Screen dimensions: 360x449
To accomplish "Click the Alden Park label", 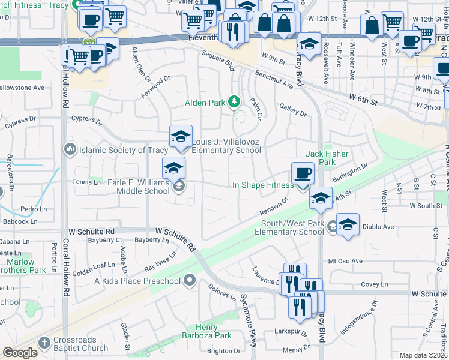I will click(205, 103).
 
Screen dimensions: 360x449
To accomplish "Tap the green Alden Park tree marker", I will click(234, 102).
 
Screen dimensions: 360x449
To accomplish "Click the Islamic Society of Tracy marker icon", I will click(69, 149).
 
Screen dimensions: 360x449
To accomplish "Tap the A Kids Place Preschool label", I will click(137, 281).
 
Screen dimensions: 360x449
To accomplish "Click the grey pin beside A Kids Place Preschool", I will click(190, 280).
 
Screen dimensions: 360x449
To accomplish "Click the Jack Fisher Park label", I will click(327, 158).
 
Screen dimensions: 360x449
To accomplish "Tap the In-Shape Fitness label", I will click(263, 185).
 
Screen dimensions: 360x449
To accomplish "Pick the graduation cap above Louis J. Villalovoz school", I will click(181, 136).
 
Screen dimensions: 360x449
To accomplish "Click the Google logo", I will click(20, 353).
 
